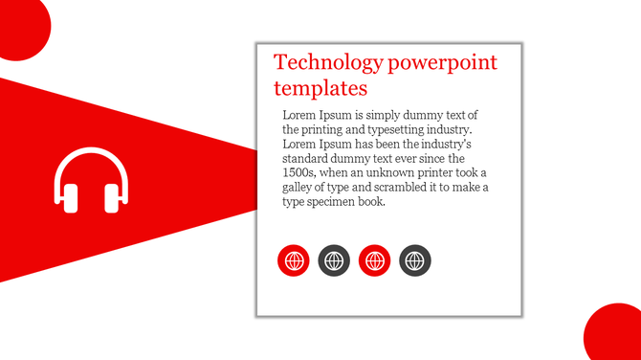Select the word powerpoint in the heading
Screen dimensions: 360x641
(x=442, y=64)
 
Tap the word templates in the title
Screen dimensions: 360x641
(x=320, y=89)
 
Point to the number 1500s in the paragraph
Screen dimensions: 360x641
(x=299, y=172)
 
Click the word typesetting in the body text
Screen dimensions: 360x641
(x=403, y=129)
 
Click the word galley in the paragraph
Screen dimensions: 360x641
(x=300, y=187)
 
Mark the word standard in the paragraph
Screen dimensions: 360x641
(x=308, y=158)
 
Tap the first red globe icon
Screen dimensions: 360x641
(x=294, y=259)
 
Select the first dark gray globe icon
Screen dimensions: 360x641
(x=334, y=259)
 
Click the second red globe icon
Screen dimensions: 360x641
(x=374, y=259)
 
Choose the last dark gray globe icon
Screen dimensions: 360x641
(x=415, y=259)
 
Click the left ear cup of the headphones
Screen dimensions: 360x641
(x=68, y=197)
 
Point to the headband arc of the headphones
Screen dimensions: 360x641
(x=91, y=153)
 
